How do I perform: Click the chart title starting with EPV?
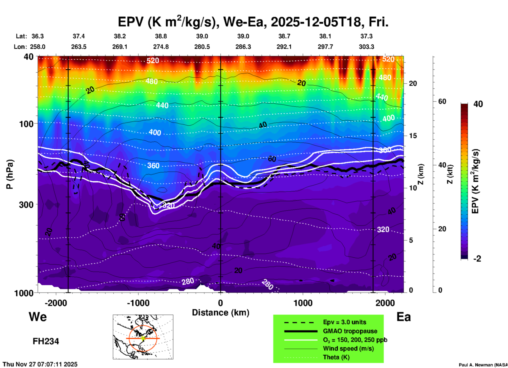(x=253, y=22)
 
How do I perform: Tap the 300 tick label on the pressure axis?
(x=26, y=205)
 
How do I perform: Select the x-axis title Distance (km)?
(x=221, y=313)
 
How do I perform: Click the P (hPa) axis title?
(x=9, y=174)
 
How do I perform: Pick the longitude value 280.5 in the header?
(x=202, y=47)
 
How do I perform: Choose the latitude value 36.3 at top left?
(x=37, y=36)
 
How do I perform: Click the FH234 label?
(x=46, y=341)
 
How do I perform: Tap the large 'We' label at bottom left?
(x=38, y=317)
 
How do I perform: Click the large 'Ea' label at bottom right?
(x=404, y=317)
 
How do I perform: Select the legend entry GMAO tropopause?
(x=350, y=331)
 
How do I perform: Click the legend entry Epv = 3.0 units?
(x=344, y=322)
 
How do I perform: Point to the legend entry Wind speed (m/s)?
(x=348, y=348)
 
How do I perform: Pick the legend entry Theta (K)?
(x=336, y=357)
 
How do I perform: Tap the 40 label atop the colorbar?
(x=478, y=104)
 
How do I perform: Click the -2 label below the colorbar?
(x=477, y=259)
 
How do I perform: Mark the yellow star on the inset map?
(x=143, y=338)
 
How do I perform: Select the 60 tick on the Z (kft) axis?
(x=442, y=101)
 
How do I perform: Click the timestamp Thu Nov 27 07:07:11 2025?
(x=40, y=364)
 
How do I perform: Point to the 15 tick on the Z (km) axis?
(x=413, y=136)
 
